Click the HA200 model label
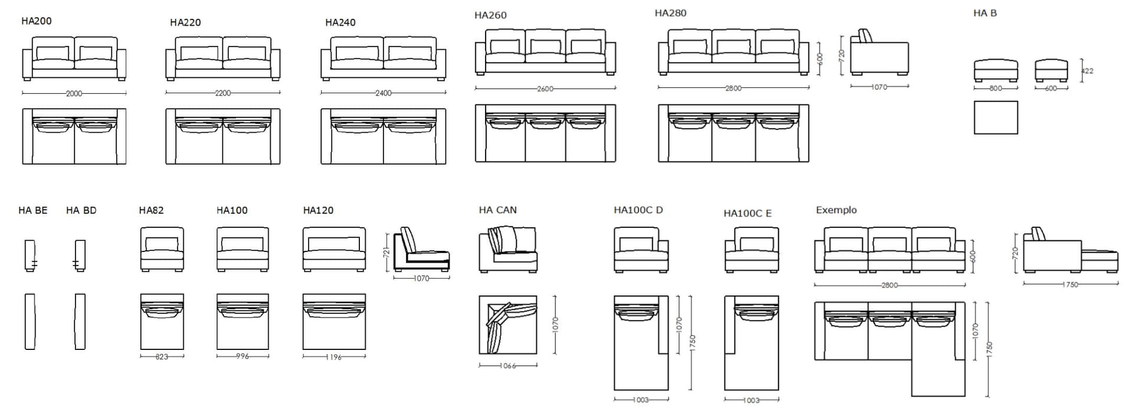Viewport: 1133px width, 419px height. [x=37, y=21]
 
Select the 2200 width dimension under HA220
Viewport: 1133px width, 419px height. [x=222, y=93]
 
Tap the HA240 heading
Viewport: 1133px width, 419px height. [x=340, y=22]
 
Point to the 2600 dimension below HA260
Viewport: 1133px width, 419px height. [x=545, y=89]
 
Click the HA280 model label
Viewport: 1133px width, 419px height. [x=670, y=13]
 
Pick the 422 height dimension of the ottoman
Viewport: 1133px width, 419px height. [x=1087, y=71]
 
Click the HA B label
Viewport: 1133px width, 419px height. [x=985, y=13]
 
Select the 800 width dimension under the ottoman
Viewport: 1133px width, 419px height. [x=996, y=89]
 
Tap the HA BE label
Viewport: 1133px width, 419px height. [x=33, y=210]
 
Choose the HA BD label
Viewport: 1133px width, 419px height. [x=81, y=210]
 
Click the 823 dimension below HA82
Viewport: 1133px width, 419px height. [x=162, y=356]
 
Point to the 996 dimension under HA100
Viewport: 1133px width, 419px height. [x=243, y=356]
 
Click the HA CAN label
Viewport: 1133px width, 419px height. [x=497, y=210]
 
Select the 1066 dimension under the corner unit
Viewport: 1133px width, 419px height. [x=507, y=366]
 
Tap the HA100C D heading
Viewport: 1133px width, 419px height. [x=638, y=210]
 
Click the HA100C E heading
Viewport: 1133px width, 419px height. [x=748, y=214]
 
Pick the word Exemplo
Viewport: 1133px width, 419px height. [x=836, y=210]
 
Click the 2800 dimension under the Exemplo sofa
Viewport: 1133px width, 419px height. [x=889, y=285]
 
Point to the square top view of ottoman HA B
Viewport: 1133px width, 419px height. [x=996, y=117]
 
